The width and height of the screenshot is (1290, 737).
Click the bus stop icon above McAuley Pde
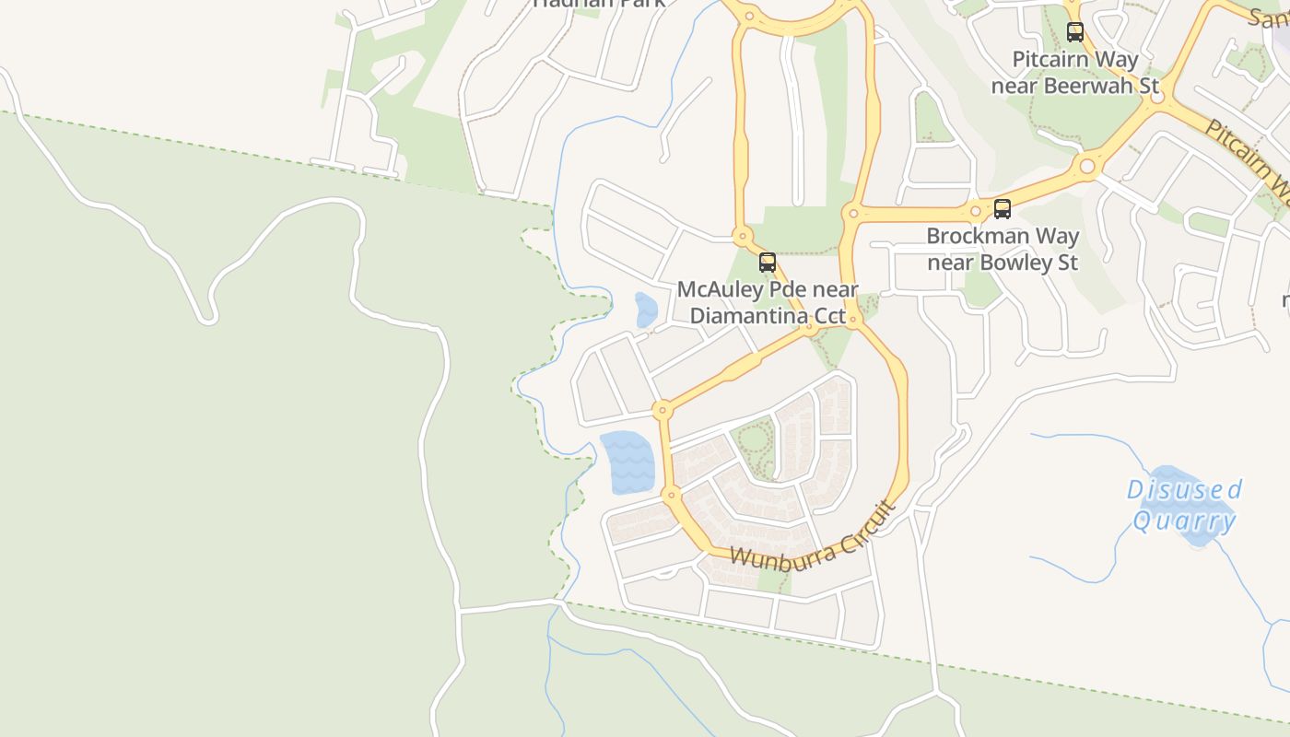pos(767,263)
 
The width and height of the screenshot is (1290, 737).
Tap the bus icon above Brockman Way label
pos(1002,209)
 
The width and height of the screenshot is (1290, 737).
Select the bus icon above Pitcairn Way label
pos(1074,32)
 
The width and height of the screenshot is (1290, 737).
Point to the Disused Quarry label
pos(1184,505)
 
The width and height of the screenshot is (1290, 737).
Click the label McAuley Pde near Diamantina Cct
pos(768,302)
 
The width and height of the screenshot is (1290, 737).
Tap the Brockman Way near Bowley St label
pos(1003,249)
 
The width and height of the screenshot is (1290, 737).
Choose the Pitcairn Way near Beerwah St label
pos(1074,73)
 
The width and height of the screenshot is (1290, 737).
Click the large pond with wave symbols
pos(627,461)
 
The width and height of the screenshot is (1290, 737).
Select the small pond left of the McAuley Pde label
pos(646,310)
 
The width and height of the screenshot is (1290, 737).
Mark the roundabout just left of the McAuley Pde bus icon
pos(742,237)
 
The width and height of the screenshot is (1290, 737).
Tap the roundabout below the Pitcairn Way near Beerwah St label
pos(1087,167)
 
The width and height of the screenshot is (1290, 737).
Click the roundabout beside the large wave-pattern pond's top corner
pos(662,409)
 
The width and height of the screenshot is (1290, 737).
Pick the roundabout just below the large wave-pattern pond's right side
pos(671,496)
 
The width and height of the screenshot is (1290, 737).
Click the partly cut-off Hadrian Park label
pos(599,3)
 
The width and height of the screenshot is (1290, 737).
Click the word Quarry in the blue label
pos(1184,521)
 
